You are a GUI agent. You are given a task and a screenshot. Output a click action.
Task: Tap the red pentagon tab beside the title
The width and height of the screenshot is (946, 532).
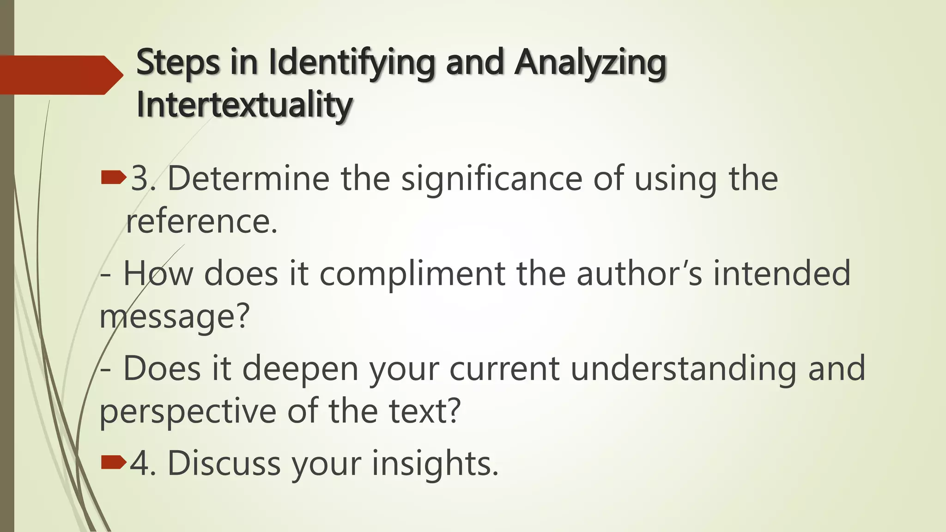(60, 75)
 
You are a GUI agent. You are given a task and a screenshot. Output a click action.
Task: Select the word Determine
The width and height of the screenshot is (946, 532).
(249, 178)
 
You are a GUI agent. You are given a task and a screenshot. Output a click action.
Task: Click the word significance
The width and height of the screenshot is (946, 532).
(491, 179)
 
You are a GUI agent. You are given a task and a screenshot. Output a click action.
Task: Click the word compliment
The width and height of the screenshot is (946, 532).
(412, 273)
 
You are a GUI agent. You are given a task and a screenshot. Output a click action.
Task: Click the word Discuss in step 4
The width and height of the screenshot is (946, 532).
(224, 463)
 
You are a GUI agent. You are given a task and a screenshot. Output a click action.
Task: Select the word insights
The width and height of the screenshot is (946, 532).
(435, 464)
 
